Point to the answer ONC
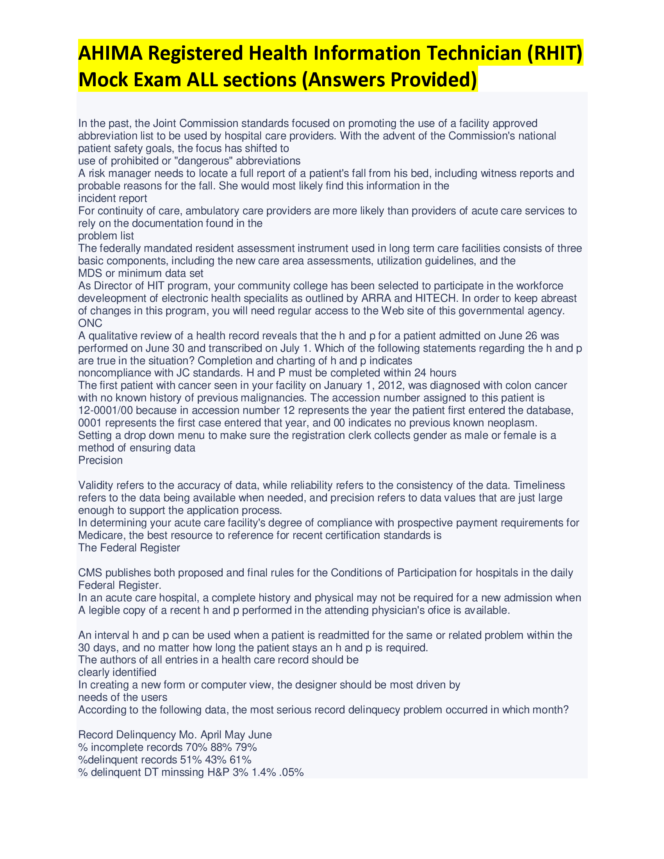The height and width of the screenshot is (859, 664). (90, 323)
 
